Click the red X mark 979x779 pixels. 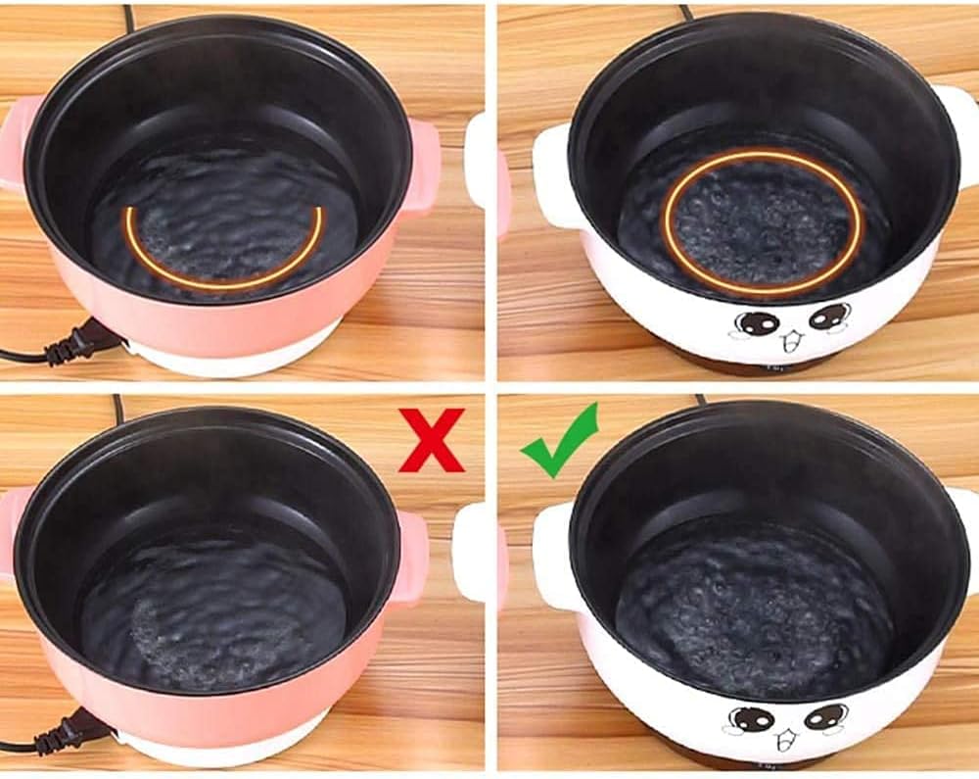(431, 441)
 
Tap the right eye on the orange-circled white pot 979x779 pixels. (828, 316)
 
